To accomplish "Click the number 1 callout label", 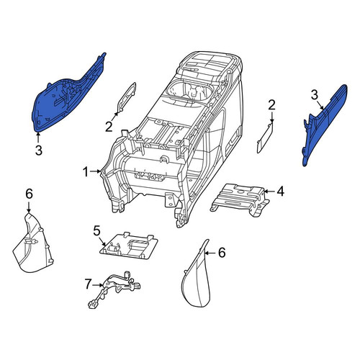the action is [86, 172].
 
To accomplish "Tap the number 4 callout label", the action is [280, 192].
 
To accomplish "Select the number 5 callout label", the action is [96, 231].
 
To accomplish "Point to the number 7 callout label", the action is [88, 284].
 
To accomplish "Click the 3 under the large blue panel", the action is [39, 150].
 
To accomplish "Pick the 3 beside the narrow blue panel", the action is [315, 95].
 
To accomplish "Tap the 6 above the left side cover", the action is [29, 194].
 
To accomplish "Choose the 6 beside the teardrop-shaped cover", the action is [222, 253].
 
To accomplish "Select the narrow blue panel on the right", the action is [324, 125].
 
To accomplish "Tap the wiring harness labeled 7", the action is [113, 288].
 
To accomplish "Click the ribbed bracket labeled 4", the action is [240, 199].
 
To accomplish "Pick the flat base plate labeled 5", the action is [128, 246].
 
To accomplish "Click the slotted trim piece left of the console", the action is [127, 97].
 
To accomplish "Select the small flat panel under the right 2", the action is [265, 138].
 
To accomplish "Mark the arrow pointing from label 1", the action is [95, 171].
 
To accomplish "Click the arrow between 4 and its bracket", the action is [270, 192].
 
